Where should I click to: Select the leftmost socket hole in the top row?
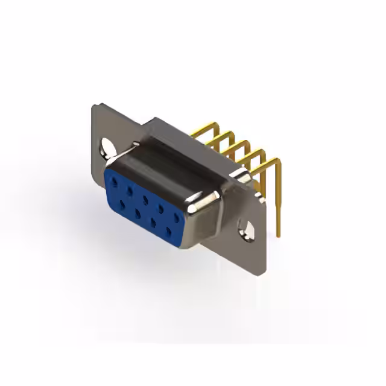coord(113,179)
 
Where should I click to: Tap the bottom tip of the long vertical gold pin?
coord(279,234)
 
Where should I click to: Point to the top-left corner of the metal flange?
coord(94,107)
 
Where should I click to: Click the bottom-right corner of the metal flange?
coord(263,275)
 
